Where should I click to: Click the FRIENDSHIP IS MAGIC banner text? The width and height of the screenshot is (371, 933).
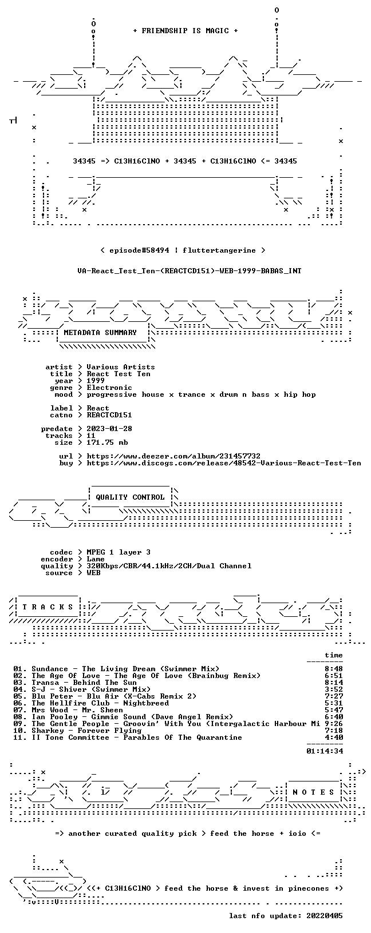[x=185, y=31]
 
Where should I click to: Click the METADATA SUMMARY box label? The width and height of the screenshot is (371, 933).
[x=100, y=332]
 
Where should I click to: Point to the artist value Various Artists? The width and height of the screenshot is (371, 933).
[x=121, y=367]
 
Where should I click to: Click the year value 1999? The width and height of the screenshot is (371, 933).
[x=96, y=381]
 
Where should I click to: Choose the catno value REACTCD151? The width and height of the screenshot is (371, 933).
[x=109, y=415]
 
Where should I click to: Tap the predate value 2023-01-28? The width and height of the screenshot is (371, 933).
[x=109, y=429]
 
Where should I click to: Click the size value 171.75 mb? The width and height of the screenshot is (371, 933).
[x=107, y=442]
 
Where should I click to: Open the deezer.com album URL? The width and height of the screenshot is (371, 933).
[x=173, y=456]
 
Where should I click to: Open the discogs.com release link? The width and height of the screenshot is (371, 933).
[x=224, y=462]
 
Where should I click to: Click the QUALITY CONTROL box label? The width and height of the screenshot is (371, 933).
[x=130, y=497]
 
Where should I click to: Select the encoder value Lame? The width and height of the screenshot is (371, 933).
[x=96, y=559]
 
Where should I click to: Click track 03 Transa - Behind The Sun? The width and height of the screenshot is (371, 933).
[x=75, y=683]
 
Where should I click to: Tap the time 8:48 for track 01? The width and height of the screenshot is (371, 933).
[x=334, y=669]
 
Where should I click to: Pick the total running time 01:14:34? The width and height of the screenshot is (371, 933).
[x=325, y=751]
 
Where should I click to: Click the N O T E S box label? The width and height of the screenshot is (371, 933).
[x=313, y=792]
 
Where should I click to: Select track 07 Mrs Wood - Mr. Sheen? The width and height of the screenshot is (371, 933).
[x=68, y=709]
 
